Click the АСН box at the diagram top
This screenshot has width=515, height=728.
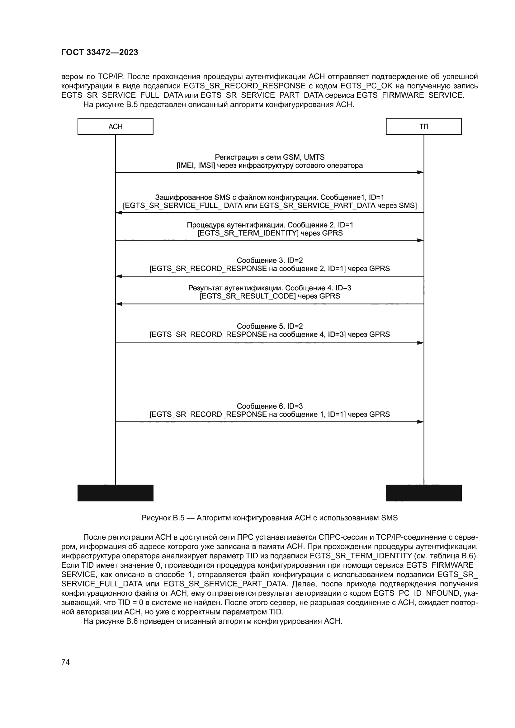(x=116, y=126)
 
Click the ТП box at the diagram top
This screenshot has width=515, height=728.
(x=423, y=126)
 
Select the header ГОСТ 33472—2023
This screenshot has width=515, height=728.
(x=100, y=52)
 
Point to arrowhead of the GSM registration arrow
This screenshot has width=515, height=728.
(x=420, y=172)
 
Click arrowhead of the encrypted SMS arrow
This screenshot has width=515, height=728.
(x=119, y=213)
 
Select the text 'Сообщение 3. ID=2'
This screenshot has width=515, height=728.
(x=270, y=260)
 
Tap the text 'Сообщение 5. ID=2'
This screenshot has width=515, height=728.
(x=270, y=326)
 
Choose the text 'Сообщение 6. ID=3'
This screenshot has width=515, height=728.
(x=270, y=406)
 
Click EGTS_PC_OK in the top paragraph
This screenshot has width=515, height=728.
(x=366, y=86)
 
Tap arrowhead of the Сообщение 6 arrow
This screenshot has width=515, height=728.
(x=420, y=422)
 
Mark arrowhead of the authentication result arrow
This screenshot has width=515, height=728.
(x=119, y=304)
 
